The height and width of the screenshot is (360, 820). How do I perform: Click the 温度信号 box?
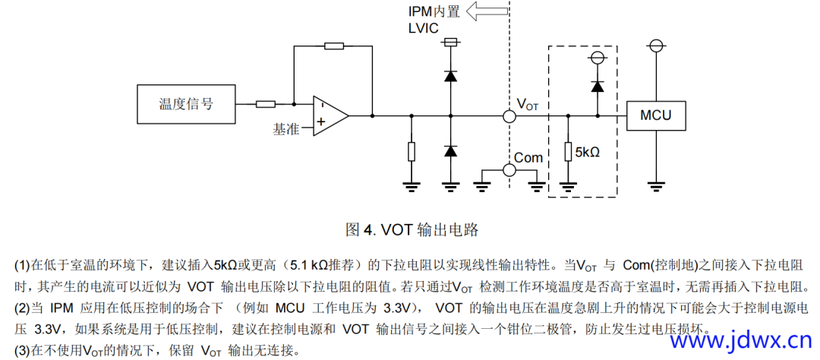point(185,104)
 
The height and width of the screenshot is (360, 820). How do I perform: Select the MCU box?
point(655,115)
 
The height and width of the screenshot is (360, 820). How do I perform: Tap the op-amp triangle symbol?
point(329,115)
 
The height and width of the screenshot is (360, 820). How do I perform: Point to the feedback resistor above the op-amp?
point(333,46)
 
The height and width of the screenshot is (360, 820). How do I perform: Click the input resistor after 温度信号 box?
point(266,104)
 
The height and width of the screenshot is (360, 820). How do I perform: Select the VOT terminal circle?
point(509,116)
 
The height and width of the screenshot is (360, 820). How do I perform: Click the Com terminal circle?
point(509,169)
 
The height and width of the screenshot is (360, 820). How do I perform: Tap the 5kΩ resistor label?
point(589,152)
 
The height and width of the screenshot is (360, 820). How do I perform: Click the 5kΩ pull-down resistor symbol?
point(567,151)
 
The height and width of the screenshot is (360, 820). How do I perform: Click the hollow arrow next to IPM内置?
point(487,11)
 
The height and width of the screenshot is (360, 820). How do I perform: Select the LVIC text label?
point(424,28)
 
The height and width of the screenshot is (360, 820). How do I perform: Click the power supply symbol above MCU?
point(655,46)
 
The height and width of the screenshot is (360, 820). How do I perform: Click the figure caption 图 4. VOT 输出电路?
point(412,229)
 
